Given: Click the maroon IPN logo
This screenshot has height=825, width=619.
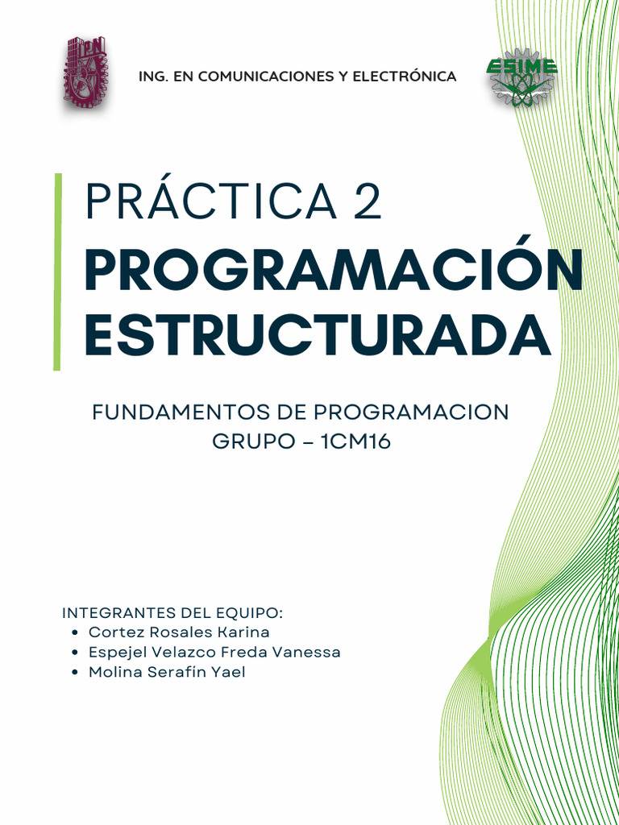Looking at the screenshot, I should [85, 73].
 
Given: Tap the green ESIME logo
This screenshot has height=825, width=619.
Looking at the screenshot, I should [521, 79].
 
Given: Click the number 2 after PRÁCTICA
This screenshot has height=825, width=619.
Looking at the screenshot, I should [366, 202].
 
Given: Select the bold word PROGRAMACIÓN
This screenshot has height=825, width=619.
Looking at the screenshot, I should [334, 272].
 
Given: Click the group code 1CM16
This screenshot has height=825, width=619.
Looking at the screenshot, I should [355, 442].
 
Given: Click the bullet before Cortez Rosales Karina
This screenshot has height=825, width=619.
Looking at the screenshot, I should [74, 633].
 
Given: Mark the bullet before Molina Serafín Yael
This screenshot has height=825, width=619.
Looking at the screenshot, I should [74, 673].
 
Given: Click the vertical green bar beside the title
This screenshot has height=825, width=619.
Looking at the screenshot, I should [57, 272].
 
